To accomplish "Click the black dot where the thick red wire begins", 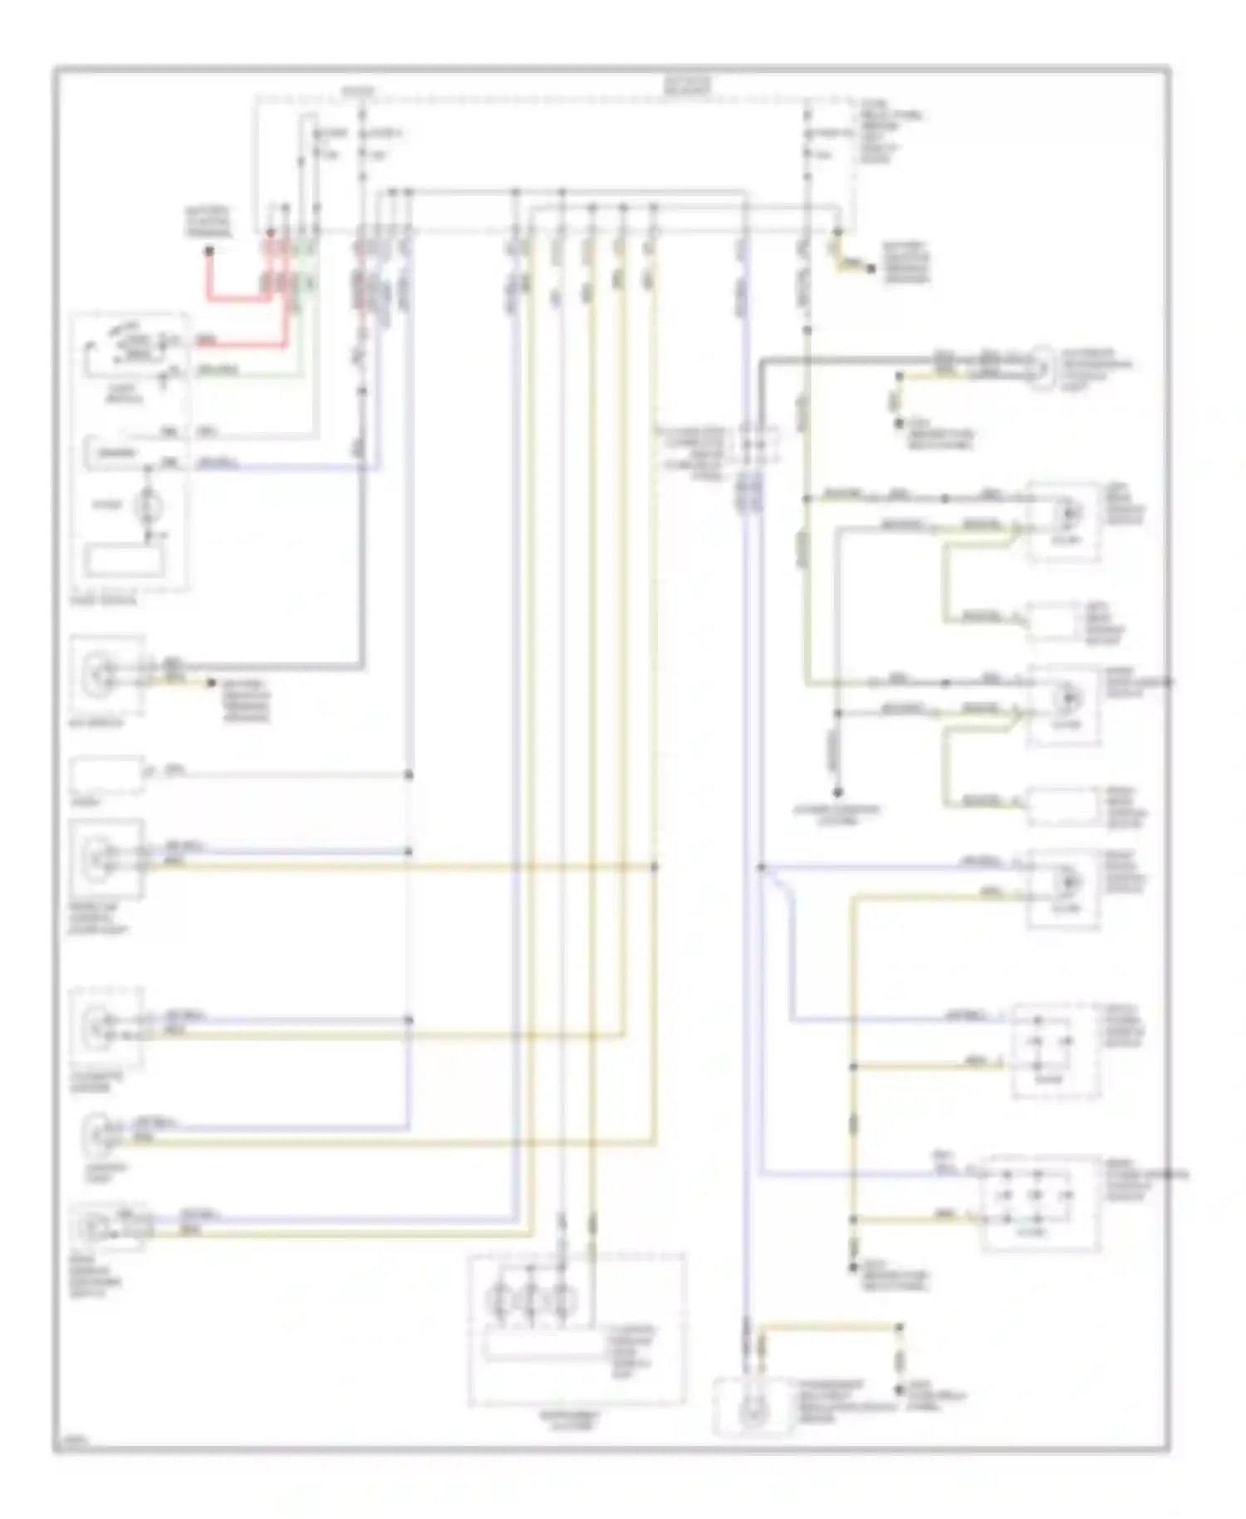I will [x=209, y=249].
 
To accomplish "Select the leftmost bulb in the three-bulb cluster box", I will [x=500, y=1297].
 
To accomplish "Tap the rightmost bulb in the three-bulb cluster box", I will [x=564, y=1297].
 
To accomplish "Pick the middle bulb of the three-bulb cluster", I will [x=532, y=1297].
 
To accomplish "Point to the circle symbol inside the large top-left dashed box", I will [x=149, y=504].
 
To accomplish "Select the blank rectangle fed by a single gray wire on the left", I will [x=106, y=774].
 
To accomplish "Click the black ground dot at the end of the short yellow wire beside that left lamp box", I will [x=210, y=684].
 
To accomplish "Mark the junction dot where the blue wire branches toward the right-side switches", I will [x=761, y=868].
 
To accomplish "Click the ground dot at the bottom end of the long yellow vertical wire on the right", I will [x=852, y=1269].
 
